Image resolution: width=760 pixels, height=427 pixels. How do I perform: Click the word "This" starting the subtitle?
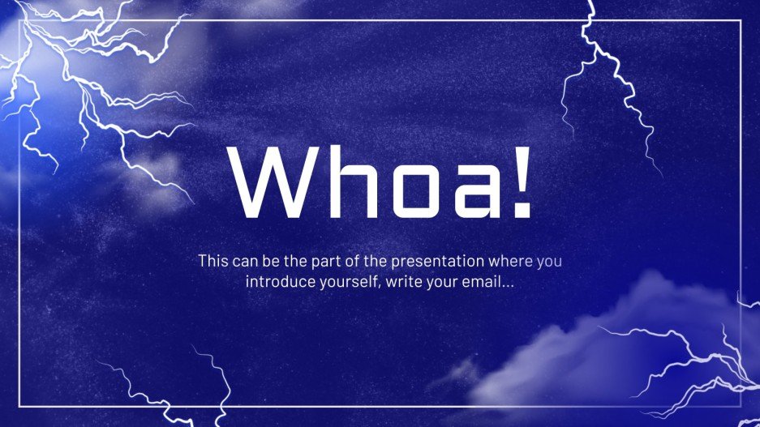pyautogui.click(x=213, y=262)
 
